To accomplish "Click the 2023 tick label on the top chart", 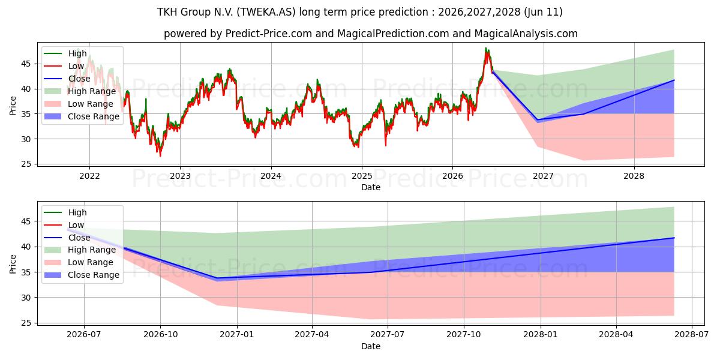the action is point(180,176).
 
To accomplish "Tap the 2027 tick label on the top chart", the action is point(543,176).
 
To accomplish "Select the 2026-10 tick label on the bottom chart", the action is point(160,334).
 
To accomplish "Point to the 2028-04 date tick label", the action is point(616,334).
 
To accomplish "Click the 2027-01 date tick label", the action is point(237,334).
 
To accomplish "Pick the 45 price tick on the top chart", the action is point(26,64).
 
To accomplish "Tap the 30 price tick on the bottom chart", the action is point(26,298).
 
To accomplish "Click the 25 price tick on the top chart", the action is point(26,164).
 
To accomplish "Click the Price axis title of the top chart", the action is point(13,106).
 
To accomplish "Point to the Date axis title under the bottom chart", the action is point(371,346).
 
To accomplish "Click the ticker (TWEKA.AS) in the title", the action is point(266,12).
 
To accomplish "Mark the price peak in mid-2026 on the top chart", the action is point(485,48).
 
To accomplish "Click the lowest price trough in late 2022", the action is point(160,156).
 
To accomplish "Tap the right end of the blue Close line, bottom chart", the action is point(674,238).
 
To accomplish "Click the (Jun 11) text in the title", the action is point(543,12).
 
